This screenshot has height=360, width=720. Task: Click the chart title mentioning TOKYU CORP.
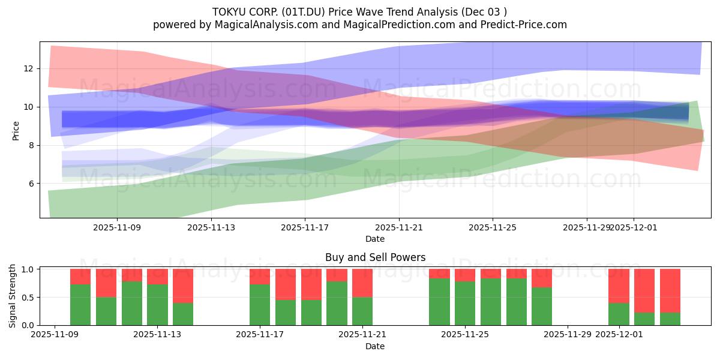(359, 11)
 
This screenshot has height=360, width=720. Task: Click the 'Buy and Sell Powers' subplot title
(375, 257)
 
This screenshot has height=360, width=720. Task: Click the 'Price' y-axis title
(16, 130)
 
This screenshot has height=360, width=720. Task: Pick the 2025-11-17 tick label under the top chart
(305, 227)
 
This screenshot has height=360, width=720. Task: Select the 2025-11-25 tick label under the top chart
(493, 227)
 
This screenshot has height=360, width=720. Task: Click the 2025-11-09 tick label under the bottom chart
(55, 335)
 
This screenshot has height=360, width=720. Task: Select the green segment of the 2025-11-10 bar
(80, 305)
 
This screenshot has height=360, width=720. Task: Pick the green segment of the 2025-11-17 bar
(260, 305)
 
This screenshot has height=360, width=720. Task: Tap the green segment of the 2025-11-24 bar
(439, 302)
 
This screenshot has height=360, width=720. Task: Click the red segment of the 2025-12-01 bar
(619, 286)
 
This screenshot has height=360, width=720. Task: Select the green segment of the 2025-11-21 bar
(362, 311)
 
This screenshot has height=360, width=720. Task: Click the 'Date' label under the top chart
(375, 239)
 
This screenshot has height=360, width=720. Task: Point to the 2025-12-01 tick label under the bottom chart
(619, 335)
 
